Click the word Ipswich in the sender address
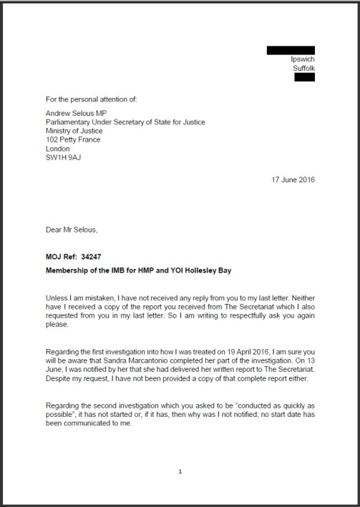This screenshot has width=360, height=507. click(303, 59)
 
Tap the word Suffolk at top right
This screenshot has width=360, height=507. click(303, 68)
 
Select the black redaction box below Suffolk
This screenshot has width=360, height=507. click(304, 77)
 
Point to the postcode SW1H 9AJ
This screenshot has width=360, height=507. click(62, 151)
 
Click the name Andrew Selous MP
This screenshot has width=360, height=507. click(77, 113)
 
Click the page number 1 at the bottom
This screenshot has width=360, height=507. click(180, 471)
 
